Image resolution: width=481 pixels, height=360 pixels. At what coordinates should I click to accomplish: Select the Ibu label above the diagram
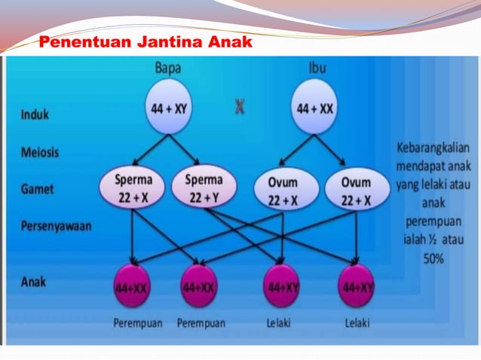(317, 67)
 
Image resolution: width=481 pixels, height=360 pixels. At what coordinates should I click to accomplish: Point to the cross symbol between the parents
(239, 108)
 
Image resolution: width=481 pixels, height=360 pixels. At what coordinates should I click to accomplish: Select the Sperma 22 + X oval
(133, 188)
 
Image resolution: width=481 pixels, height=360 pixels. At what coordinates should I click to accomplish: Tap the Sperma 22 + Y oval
(204, 188)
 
